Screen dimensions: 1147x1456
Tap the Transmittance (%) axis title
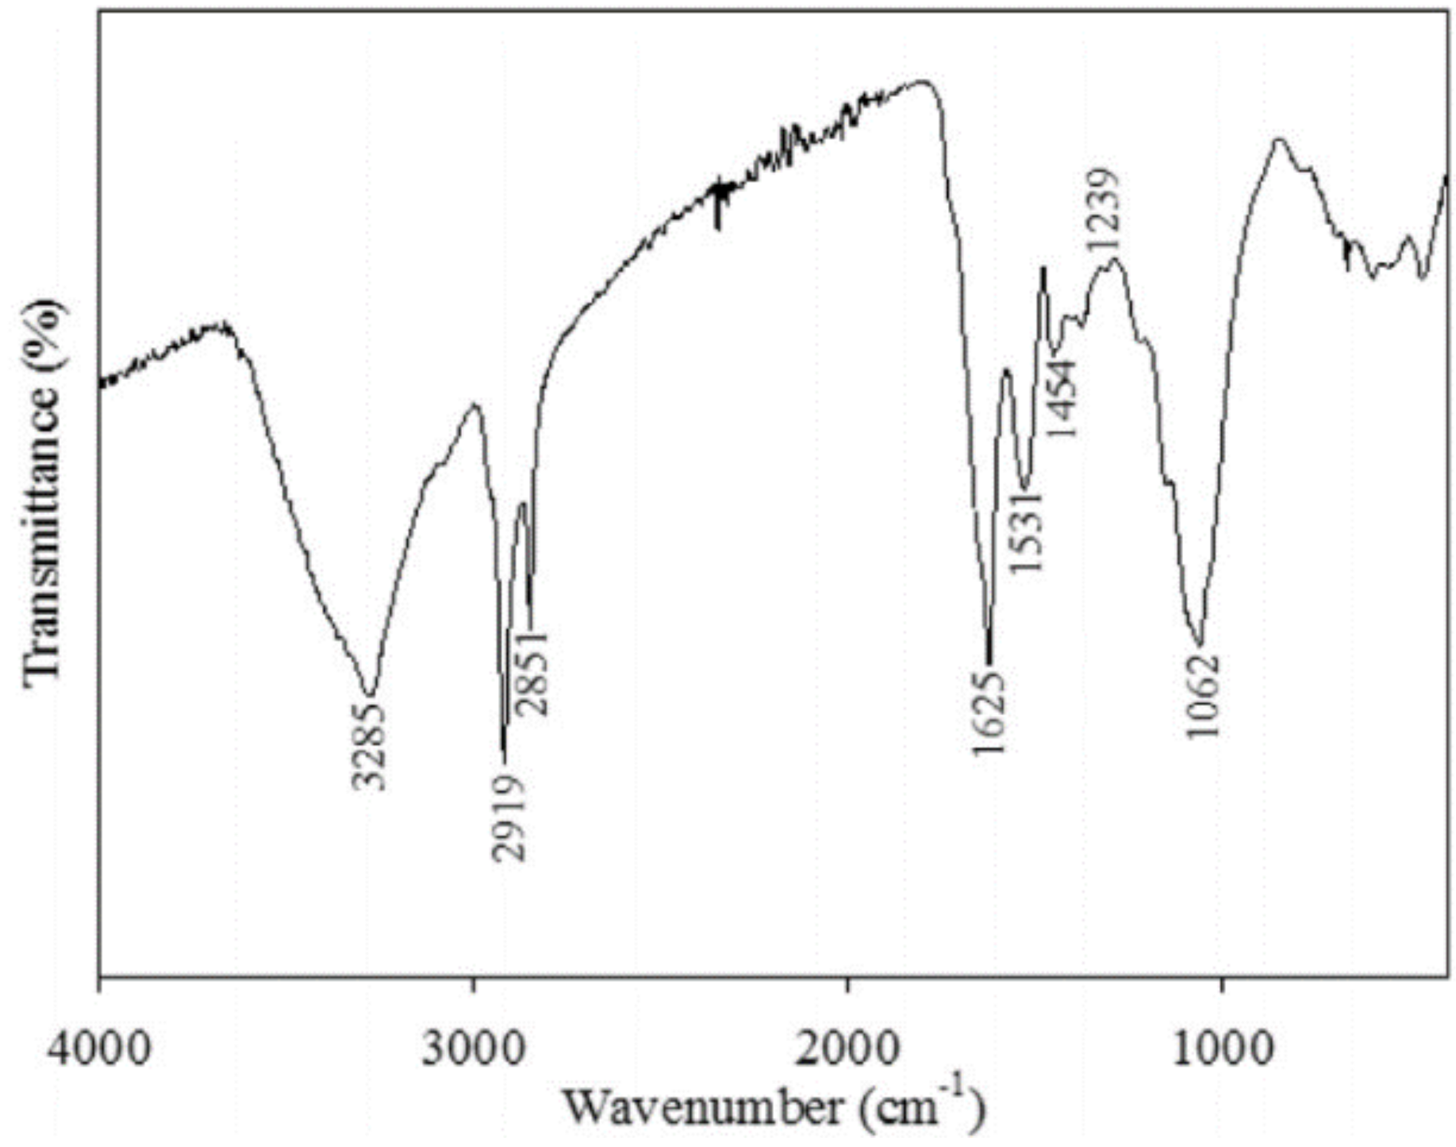[45, 494]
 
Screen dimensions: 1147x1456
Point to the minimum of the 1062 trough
[1199, 644]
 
